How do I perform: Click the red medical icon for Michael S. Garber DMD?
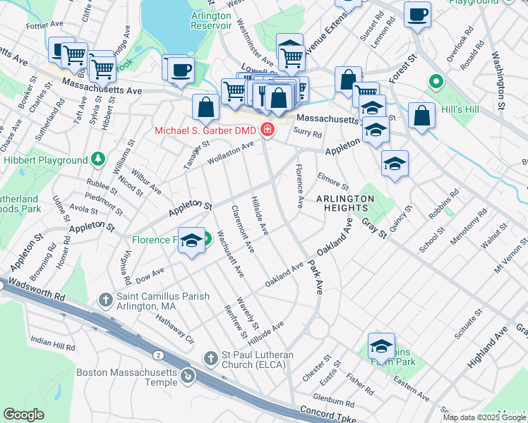click(267, 130)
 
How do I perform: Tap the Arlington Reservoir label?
click(211, 20)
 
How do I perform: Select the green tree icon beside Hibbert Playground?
click(98, 160)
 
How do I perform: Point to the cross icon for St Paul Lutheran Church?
click(209, 359)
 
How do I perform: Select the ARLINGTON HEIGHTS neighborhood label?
click(345, 204)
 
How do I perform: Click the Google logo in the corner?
click(24, 414)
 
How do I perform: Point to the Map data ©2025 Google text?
click(484, 417)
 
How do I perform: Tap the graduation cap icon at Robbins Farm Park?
click(381, 345)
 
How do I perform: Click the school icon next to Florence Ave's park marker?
click(191, 241)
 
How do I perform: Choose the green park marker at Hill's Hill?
click(436, 83)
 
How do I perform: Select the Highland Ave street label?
click(487, 349)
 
